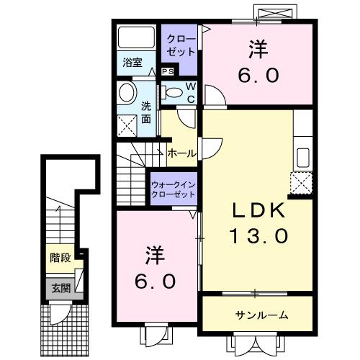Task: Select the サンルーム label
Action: pos(261,315)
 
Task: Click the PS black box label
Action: pos(167,71)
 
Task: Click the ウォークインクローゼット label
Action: pos(174,189)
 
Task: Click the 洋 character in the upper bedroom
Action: pos(259,49)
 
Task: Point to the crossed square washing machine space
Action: pos(127,127)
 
